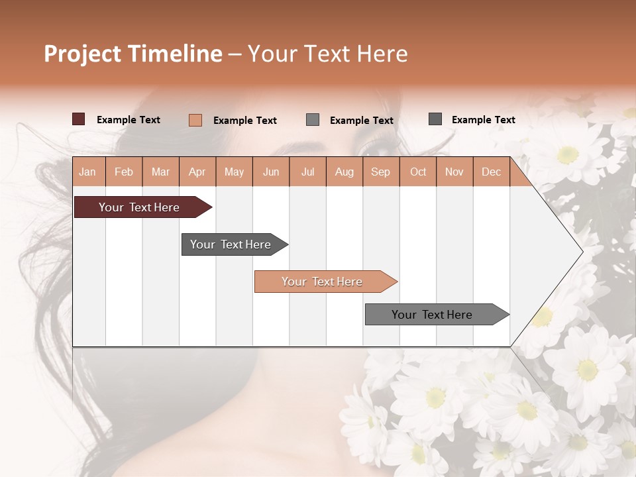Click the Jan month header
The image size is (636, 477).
pyautogui.click(x=87, y=172)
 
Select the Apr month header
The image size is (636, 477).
pyautogui.click(x=197, y=172)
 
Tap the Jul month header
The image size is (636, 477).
pyautogui.click(x=307, y=172)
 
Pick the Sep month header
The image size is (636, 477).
pyautogui.click(x=380, y=172)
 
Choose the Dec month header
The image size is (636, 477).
pyautogui.click(x=491, y=172)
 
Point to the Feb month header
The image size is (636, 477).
pyautogui.click(x=124, y=172)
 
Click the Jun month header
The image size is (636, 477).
pyautogui.click(x=271, y=172)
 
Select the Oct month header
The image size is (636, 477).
pyautogui.click(x=418, y=172)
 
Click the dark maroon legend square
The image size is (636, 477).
pyautogui.click(x=79, y=119)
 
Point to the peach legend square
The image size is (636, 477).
pyautogui.click(x=195, y=120)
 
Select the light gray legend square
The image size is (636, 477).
pyautogui.click(x=313, y=119)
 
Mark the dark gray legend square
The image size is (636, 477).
pyautogui.click(x=435, y=119)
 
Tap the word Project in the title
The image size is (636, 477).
pyautogui.click(x=82, y=54)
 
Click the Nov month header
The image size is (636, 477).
pyautogui.click(x=454, y=172)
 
